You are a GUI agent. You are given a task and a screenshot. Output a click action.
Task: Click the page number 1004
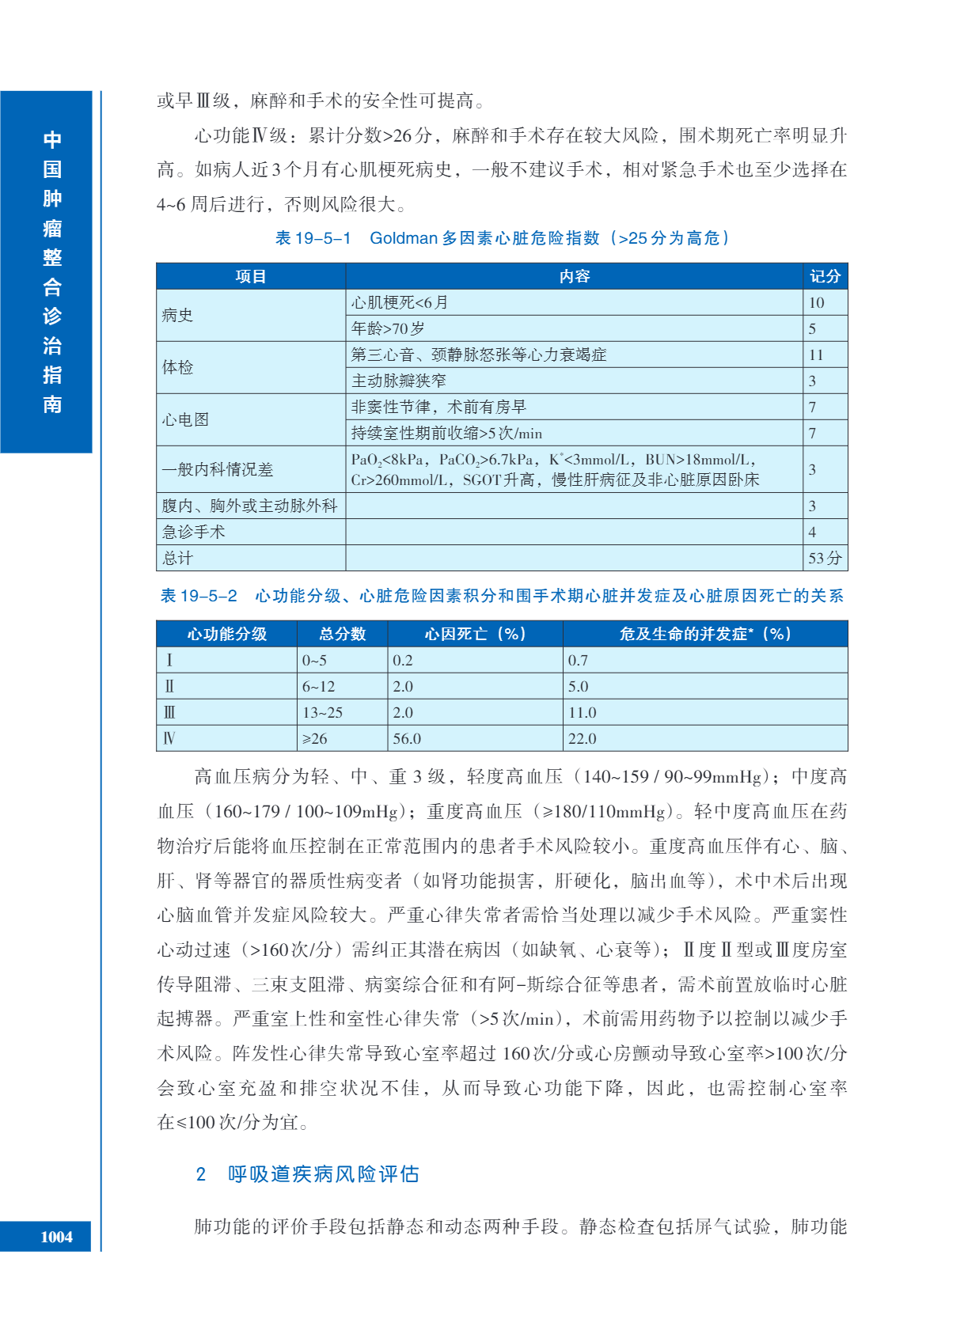click(x=56, y=1237)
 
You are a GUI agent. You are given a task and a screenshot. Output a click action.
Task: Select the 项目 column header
click(x=250, y=276)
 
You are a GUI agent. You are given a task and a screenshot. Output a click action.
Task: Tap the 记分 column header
click(x=825, y=276)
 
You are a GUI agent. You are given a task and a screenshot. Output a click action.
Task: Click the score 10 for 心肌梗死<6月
click(x=816, y=302)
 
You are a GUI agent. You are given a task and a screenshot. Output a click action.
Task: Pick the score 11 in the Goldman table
click(x=816, y=354)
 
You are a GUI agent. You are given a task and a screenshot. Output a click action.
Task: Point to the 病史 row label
click(x=177, y=315)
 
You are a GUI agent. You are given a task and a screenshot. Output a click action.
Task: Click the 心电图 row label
click(x=185, y=419)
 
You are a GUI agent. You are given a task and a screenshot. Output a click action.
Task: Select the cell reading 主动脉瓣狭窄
click(x=399, y=381)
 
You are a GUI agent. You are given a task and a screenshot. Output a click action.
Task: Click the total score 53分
click(x=825, y=558)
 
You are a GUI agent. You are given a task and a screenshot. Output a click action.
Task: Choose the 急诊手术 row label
click(x=194, y=532)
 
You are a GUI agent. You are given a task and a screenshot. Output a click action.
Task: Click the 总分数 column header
click(x=342, y=634)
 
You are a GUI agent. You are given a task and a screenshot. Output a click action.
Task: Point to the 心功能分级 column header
click(x=226, y=634)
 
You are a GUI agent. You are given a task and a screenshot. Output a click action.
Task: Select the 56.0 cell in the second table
click(x=407, y=738)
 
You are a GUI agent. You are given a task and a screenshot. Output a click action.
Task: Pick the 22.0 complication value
click(x=582, y=738)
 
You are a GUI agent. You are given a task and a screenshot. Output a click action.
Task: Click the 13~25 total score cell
click(x=322, y=712)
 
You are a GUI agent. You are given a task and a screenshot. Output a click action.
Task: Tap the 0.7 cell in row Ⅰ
click(x=578, y=660)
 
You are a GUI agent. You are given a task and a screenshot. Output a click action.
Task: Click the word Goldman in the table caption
click(x=404, y=238)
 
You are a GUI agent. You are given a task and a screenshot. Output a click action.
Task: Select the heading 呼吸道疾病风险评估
click(x=323, y=1173)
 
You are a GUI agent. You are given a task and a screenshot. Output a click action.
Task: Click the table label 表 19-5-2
click(x=199, y=596)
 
